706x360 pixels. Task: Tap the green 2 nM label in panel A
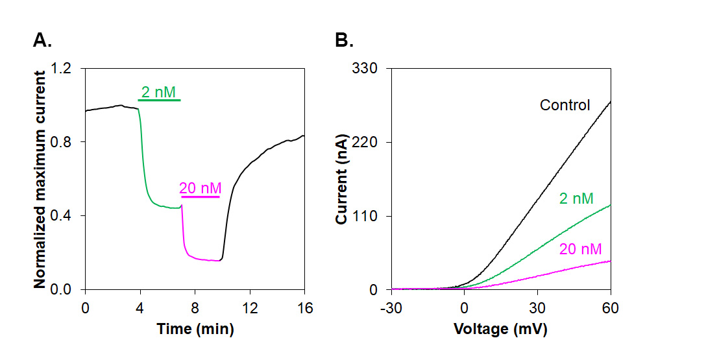coord(158,92)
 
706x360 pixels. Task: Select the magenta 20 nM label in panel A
coord(201,188)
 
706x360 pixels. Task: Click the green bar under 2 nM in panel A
coord(159,101)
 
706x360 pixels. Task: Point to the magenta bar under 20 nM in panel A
coord(201,196)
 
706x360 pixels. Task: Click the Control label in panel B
coord(565,105)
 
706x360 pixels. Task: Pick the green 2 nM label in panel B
coord(576,198)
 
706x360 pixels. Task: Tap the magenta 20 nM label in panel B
coord(580,248)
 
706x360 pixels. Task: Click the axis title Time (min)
coord(195,329)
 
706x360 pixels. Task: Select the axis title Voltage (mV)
coord(500,329)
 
